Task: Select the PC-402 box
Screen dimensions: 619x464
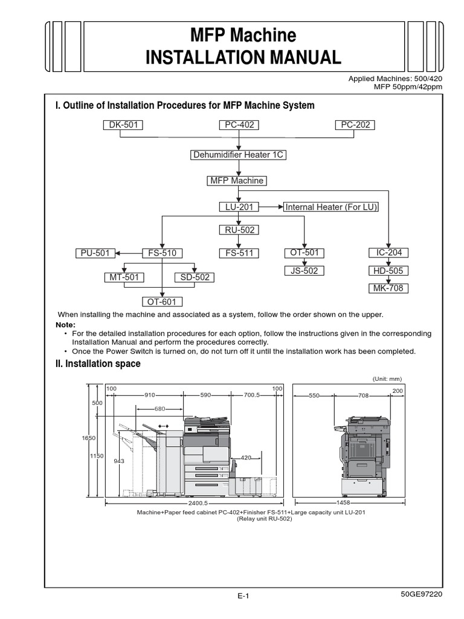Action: pyautogui.click(x=239, y=125)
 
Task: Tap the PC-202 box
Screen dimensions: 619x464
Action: pyautogui.click(x=355, y=125)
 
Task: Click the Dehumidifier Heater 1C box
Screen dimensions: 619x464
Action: pyautogui.click(x=238, y=155)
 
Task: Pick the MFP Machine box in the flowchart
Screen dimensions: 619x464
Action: pyautogui.click(x=236, y=181)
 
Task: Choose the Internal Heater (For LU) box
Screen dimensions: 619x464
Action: pyautogui.click(x=331, y=207)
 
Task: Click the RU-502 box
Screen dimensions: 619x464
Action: pyautogui.click(x=239, y=230)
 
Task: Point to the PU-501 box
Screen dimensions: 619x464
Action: pyautogui.click(x=95, y=253)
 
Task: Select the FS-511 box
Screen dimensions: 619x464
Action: pyautogui.click(x=239, y=253)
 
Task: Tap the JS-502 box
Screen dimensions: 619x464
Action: pyautogui.click(x=304, y=271)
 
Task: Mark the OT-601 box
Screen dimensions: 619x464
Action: pyautogui.click(x=162, y=302)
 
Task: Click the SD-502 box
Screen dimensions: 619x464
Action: pyautogui.click(x=195, y=277)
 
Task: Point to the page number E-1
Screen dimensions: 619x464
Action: pyautogui.click(x=243, y=595)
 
